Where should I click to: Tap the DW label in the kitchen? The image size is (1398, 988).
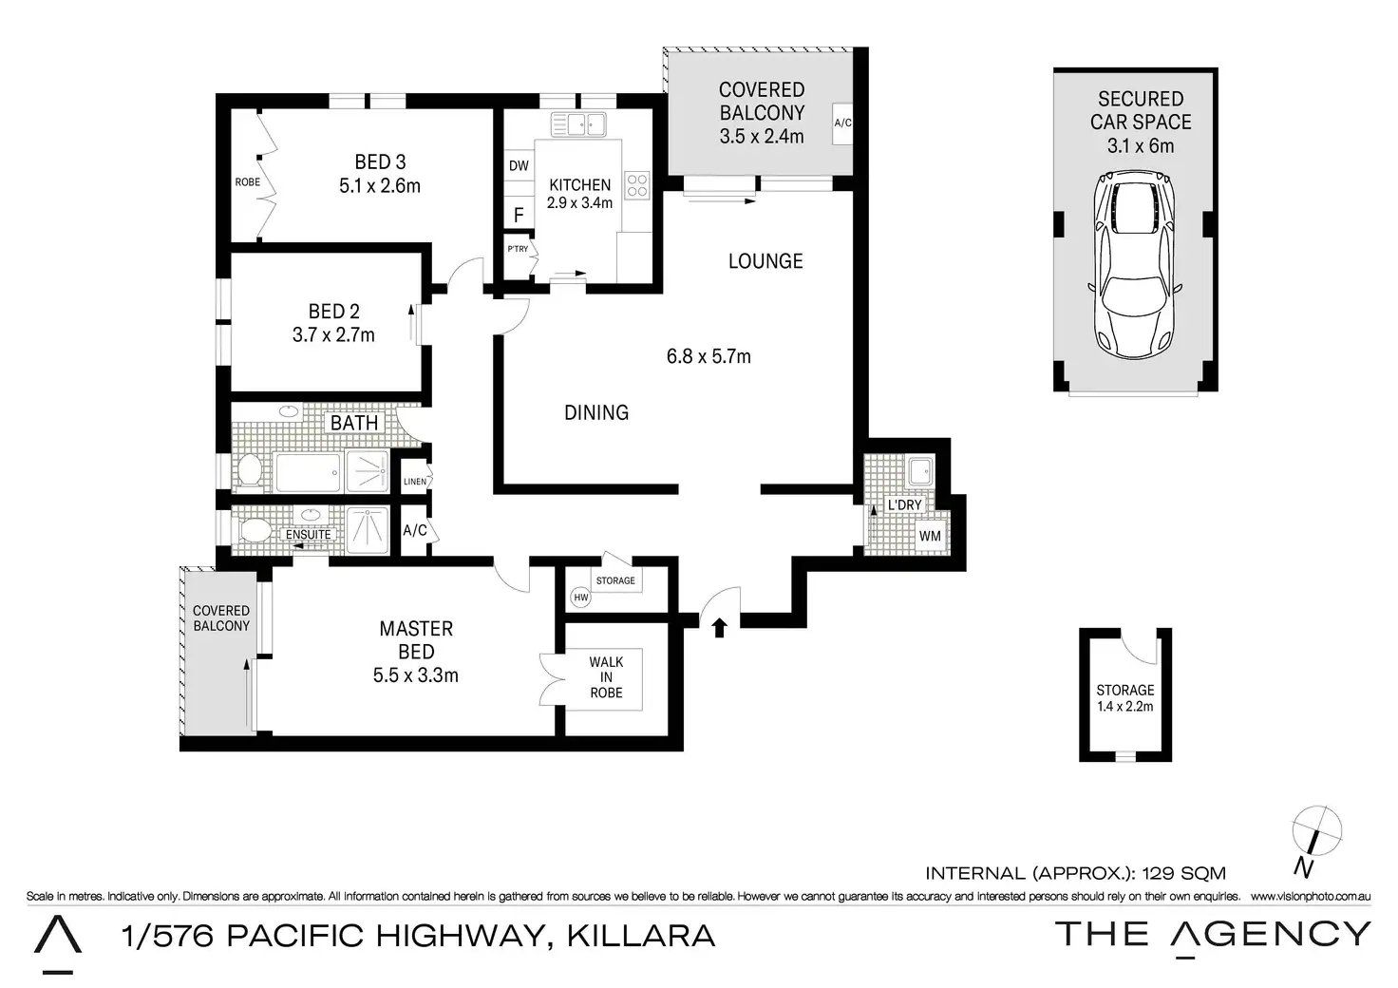[519, 165]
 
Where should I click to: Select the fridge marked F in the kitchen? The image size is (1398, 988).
[519, 216]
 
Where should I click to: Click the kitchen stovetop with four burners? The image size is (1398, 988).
[636, 185]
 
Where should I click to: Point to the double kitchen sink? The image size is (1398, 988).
[578, 124]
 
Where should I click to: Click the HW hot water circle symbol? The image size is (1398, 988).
[581, 598]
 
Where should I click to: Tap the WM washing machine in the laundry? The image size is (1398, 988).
[930, 536]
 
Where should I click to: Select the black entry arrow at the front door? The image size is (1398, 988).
[720, 627]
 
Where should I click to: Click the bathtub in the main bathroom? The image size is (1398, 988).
[307, 472]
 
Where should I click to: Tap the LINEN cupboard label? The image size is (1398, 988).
[415, 482]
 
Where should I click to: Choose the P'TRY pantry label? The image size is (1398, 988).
[518, 249]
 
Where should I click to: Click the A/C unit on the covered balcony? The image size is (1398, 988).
[842, 123]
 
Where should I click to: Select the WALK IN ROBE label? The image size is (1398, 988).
[606, 677]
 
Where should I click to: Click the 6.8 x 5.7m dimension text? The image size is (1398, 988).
[708, 356]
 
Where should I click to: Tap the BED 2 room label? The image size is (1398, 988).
[334, 312]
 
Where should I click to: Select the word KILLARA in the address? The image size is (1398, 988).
[640, 936]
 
